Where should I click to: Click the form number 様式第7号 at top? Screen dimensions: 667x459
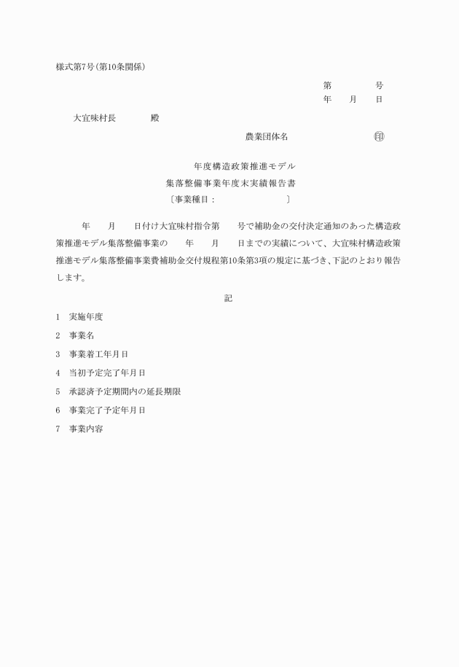pyautogui.click(x=75, y=68)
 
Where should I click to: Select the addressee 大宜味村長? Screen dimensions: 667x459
pyautogui.click(x=95, y=118)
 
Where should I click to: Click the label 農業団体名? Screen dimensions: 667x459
pyautogui.click(x=267, y=136)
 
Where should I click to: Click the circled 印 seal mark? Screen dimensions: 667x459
pyautogui.click(x=379, y=136)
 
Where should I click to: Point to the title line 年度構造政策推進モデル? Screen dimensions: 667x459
pyautogui.click(x=234, y=166)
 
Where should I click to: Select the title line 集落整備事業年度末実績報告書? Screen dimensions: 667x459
pyautogui.click(x=231, y=182)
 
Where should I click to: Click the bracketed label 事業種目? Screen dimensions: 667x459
pyautogui.click(x=191, y=198)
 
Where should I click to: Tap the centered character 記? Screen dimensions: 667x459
pyautogui.click(x=229, y=297)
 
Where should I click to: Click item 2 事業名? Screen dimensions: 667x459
pyautogui.click(x=82, y=335)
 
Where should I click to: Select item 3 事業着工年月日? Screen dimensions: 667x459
pyautogui.click(x=98, y=354)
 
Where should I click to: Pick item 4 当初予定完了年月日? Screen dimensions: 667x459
pyautogui.click(x=107, y=372)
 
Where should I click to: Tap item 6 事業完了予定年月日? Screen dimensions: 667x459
pyautogui.click(x=107, y=410)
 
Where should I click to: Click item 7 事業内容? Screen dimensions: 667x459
pyautogui.click(x=86, y=429)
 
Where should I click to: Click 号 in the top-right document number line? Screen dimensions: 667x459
pyautogui.click(x=379, y=85)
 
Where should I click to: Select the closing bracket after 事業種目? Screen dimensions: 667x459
pyautogui.click(x=289, y=198)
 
